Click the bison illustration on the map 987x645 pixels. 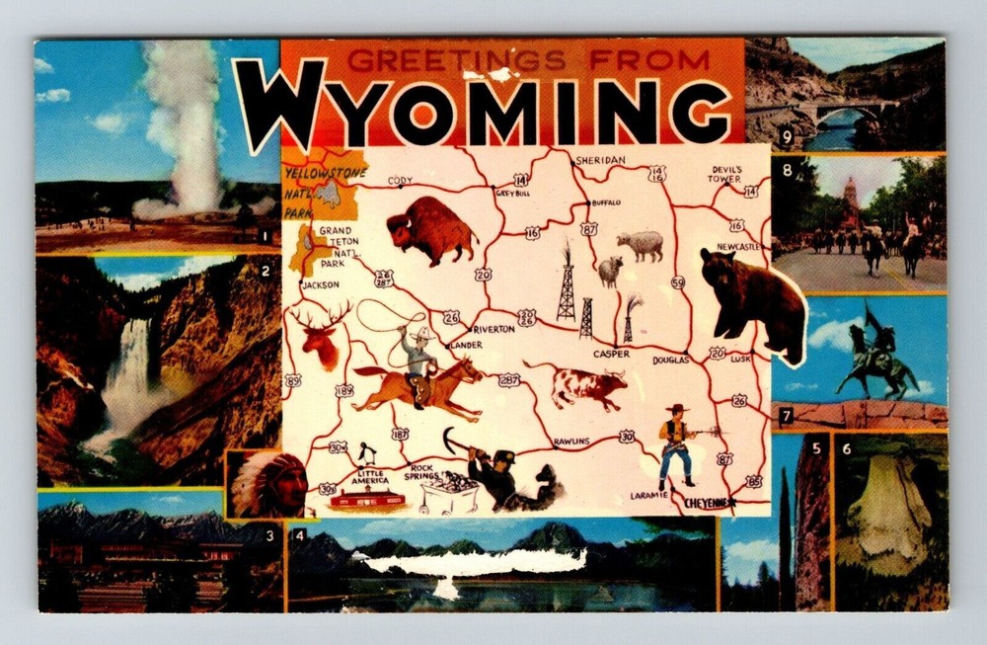431,230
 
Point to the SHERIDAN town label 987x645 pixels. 600,160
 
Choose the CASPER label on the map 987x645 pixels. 611,354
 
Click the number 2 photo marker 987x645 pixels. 266,270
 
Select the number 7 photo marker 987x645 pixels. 786,417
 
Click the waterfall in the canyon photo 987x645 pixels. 127,375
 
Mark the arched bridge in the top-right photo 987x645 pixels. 845,110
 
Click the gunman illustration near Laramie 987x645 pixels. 677,444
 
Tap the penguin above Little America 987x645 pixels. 367,454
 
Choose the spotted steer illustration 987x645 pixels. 587,385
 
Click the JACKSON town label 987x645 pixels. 320,284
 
